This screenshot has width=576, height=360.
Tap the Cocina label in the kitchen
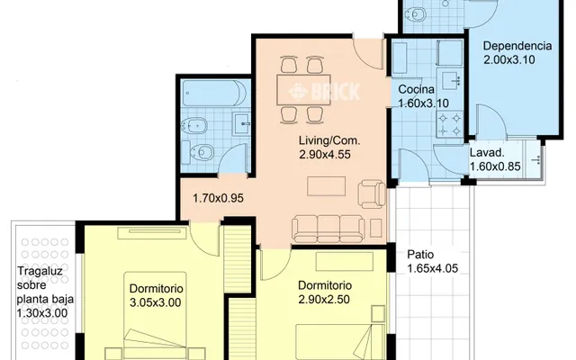[x=416, y=89]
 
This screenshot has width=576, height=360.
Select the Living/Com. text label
[x=329, y=140]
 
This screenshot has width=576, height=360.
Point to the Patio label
[x=420, y=255]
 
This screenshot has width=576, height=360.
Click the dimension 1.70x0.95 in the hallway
[x=218, y=198]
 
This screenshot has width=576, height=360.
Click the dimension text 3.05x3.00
[x=156, y=302]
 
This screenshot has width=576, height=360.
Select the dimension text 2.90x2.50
[x=324, y=300]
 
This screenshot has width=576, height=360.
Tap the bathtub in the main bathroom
[x=215, y=93]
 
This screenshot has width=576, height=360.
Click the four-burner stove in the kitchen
[x=450, y=124]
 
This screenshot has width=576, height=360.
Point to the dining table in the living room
[x=303, y=90]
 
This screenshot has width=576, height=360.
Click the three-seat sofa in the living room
[x=328, y=228]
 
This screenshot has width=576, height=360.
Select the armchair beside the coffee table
[x=372, y=194]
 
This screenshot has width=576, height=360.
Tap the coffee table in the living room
[x=326, y=186]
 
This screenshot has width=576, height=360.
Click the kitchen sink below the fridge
[x=451, y=81]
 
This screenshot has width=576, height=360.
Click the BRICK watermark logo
[x=324, y=92]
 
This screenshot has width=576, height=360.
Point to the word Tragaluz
[x=40, y=272]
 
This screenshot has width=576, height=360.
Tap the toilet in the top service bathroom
[x=416, y=15]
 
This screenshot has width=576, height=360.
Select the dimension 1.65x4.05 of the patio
[x=433, y=268]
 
